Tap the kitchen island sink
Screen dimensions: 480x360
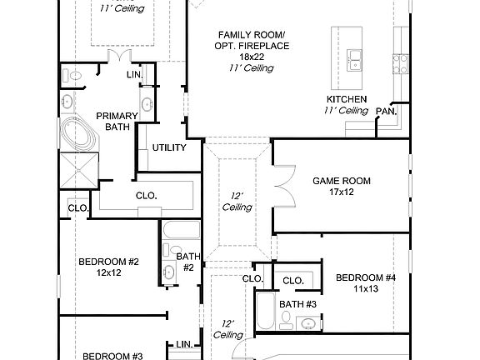pos(354,61)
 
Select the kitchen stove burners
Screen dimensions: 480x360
pos(401,63)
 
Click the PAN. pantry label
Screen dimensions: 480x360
pos(387,112)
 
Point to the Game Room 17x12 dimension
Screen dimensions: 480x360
pos(342,192)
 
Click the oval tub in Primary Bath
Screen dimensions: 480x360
pos(79,134)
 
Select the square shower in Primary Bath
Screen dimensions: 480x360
pos(79,170)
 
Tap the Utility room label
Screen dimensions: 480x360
pos(169,147)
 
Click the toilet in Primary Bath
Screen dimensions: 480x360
pos(72,76)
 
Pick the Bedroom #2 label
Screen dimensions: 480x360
pos(108,262)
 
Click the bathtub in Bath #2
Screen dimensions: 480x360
pos(181,230)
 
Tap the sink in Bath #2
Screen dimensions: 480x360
pos(168,272)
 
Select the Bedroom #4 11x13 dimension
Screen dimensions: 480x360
pos(366,288)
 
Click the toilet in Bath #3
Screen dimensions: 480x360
pos(286,320)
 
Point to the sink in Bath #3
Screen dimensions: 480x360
pos(307,323)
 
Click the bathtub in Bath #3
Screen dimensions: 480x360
pos(265,311)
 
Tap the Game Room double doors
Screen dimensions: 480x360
pos(285,186)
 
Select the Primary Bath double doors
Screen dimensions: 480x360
pos(119,56)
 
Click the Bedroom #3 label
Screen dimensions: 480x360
pos(112,357)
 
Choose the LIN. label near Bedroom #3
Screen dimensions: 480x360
pos(184,344)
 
